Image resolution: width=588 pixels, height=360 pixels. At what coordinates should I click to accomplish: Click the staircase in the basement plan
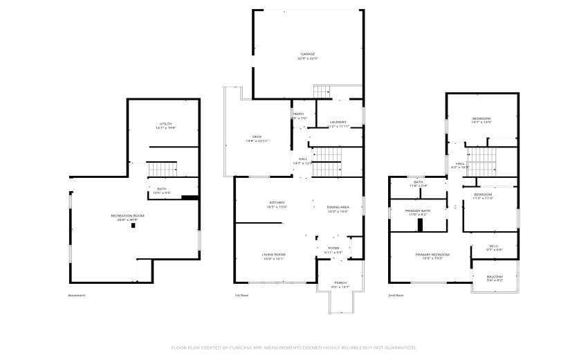point(164,169)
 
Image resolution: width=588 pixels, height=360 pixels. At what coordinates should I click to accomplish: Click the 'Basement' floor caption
point(77,296)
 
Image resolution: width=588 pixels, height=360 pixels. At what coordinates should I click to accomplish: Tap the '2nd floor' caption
point(396,296)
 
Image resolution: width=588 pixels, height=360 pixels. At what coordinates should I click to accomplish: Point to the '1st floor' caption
point(241,296)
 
